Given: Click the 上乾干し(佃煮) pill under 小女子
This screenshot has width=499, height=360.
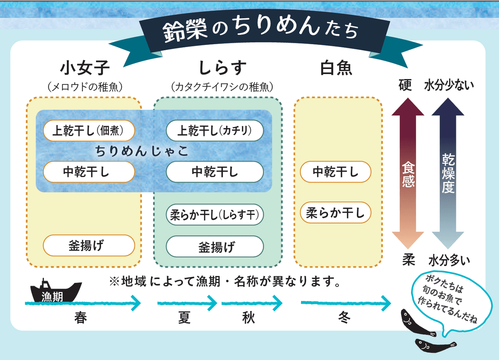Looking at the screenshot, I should tap(89, 131).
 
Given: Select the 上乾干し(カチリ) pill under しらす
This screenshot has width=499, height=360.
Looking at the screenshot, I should tap(215, 131).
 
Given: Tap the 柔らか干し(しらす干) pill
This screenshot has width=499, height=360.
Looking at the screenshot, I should tap(215, 215).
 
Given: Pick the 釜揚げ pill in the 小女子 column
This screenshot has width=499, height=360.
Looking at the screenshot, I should tap(89, 245).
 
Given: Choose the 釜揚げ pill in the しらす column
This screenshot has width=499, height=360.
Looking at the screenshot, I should tap(215, 247).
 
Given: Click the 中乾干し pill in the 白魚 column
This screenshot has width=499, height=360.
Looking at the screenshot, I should tap(335, 172).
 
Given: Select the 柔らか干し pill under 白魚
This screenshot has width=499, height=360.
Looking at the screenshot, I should tap(335, 213).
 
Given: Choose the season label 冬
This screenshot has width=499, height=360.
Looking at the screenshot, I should tap(345, 318).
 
